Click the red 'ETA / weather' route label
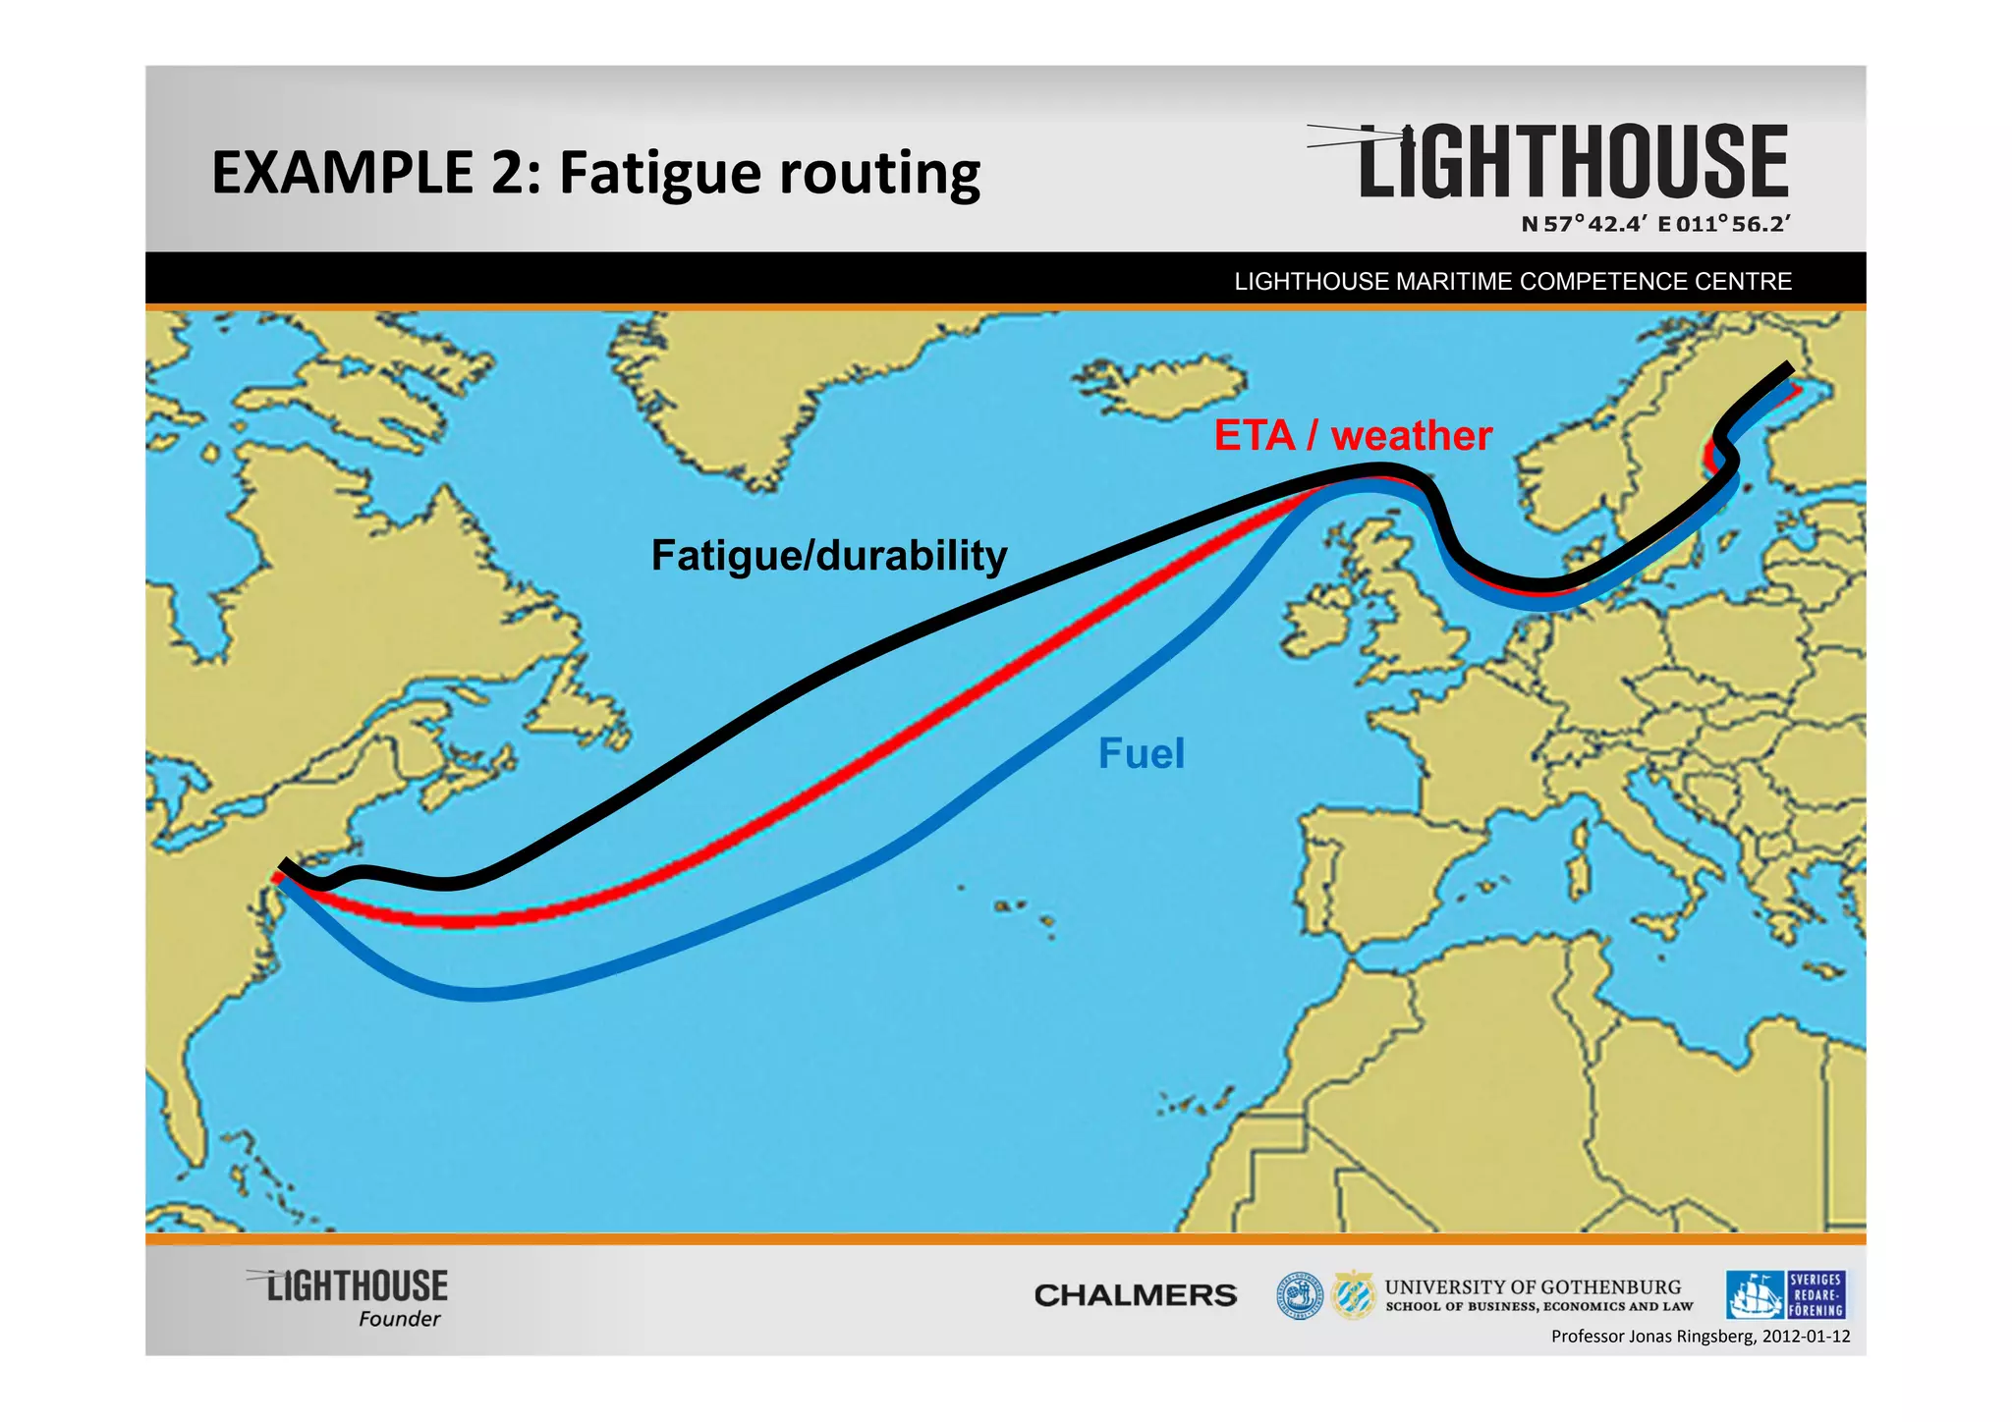click(1352, 435)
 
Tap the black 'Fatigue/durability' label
click(829, 556)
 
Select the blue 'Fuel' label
click(1141, 754)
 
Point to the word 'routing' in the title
click(879, 173)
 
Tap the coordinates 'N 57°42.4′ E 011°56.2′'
click(1655, 224)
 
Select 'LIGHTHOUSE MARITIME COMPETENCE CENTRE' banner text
click(1512, 282)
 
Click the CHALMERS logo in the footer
click(1135, 1295)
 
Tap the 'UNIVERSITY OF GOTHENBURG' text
click(1533, 1286)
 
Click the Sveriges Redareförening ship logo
click(1755, 1295)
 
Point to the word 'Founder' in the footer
click(399, 1319)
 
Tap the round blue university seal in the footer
click(1299, 1296)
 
